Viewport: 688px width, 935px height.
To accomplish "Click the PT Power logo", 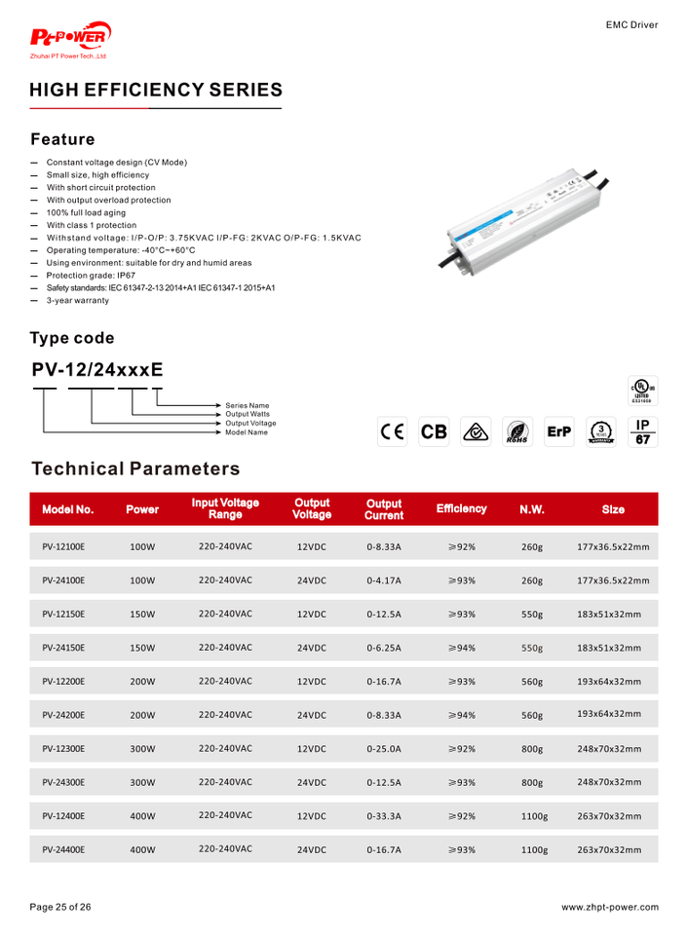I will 71,40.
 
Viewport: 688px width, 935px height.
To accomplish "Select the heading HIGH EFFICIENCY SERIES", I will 156,91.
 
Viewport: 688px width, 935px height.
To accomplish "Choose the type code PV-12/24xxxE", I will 96,370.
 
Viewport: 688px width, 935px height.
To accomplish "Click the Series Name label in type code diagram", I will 248,405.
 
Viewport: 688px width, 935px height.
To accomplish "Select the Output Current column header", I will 384,509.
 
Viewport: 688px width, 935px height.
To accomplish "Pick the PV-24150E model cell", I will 63,648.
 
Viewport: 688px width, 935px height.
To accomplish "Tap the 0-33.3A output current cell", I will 384,817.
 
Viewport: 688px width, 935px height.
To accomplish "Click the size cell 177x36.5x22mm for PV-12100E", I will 613,546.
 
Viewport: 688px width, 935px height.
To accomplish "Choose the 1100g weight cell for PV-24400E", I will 535,850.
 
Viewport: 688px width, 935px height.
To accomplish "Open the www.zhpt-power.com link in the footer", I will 610,908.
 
